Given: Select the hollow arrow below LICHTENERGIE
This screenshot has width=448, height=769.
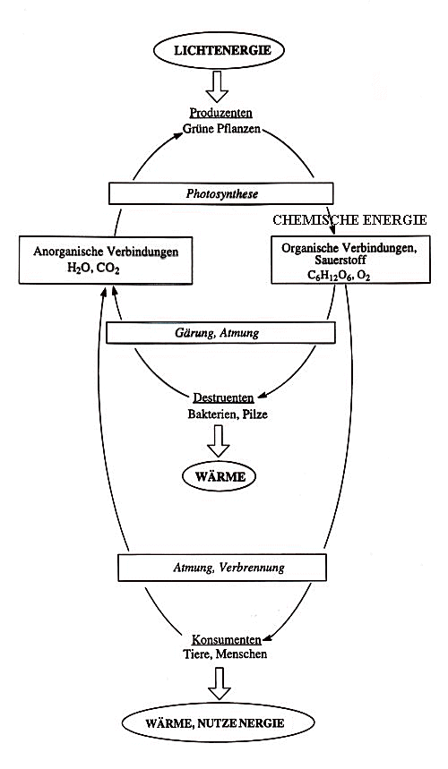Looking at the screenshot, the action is (217, 86).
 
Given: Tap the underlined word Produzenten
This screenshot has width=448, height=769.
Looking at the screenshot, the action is (220, 113).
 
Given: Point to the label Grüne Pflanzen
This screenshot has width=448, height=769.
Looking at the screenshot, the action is (222, 129).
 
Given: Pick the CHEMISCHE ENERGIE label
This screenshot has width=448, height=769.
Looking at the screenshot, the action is (349, 219).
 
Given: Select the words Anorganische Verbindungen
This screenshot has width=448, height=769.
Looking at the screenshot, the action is (106, 252).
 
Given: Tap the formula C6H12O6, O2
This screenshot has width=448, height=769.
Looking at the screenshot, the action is (339, 276).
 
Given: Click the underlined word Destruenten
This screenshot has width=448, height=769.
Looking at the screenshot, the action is (223, 397).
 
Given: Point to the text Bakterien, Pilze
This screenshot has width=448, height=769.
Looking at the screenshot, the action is (228, 414).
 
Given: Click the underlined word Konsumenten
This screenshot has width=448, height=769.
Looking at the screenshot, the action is (226, 640).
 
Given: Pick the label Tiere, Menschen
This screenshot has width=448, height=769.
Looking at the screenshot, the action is (225, 654).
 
